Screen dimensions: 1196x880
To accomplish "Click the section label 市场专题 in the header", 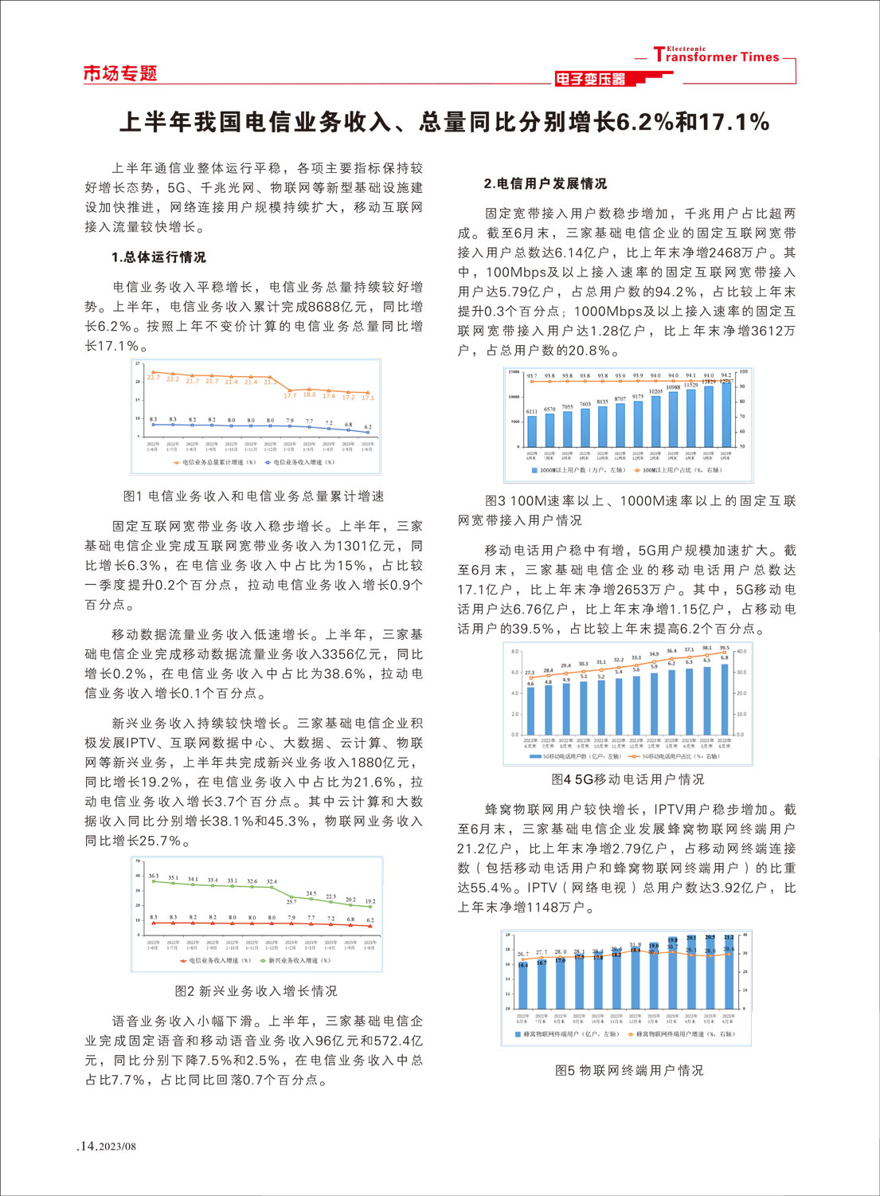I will [120, 73].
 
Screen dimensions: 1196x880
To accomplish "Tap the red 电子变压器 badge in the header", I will [591, 79].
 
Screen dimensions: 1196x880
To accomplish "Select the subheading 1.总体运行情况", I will [158, 257].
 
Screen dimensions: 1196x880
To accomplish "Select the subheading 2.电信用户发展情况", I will [545, 183].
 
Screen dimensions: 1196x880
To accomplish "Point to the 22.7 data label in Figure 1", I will [153, 378].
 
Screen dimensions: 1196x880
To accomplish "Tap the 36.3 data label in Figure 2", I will [153, 876].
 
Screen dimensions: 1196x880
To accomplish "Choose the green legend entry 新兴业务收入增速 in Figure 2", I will [295, 960].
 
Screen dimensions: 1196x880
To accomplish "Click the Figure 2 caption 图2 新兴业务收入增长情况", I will [256, 990].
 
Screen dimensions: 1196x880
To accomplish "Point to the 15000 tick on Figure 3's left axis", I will [514, 372].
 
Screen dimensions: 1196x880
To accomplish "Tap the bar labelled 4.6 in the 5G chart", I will [530, 710].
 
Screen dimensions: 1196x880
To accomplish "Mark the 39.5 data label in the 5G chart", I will [724, 648].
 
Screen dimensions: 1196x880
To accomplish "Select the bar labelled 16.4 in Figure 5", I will [522, 986].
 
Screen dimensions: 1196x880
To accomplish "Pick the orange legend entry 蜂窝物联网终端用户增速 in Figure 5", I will [682, 1034].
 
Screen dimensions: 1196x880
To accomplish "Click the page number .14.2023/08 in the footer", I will [107, 1146].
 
